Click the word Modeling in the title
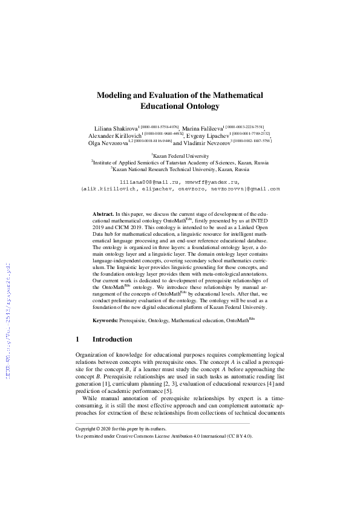tap(117, 96)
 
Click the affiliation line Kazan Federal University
tap(180, 155)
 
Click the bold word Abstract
tap(103, 214)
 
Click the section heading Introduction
tap(116, 340)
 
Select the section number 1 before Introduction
tap(77, 340)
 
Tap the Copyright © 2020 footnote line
tap(114, 428)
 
